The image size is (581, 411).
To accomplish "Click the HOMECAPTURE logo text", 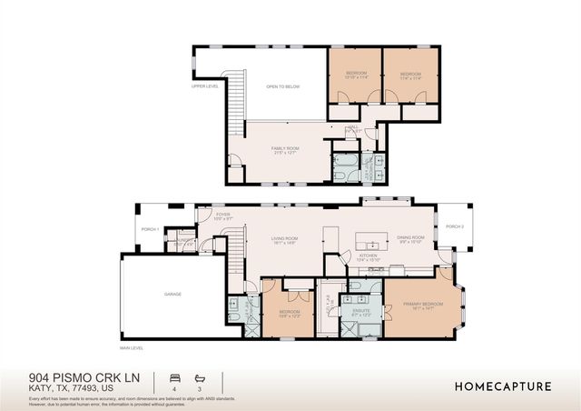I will [503, 386].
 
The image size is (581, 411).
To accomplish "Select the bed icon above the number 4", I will [173, 376].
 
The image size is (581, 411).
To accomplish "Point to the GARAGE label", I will [172, 295].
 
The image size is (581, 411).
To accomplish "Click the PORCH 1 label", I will [149, 228].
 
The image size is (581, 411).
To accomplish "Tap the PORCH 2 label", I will [455, 226].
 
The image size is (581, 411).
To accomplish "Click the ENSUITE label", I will [361, 310].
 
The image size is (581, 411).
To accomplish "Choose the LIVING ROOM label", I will [285, 239].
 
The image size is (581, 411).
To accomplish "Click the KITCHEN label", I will [369, 256].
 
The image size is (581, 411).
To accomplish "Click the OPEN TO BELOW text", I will [282, 86].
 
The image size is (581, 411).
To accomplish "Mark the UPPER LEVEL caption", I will [205, 86].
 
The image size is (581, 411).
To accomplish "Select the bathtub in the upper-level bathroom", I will [346, 166].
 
